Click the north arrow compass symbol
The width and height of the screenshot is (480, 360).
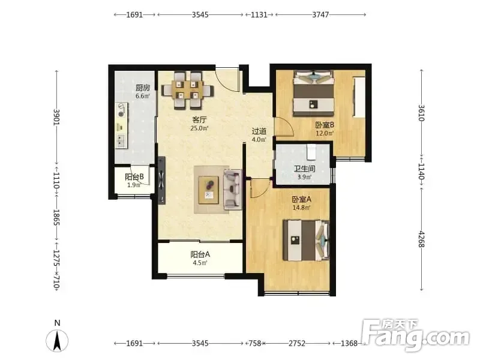click(57, 340)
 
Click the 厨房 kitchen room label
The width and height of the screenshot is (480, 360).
click(143, 88)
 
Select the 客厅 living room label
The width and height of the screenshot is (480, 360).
click(199, 119)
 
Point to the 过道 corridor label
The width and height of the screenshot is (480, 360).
click(259, 131)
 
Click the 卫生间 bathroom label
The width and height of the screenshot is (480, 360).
click(304, 169)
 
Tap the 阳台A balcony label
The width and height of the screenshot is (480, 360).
click(200, 254)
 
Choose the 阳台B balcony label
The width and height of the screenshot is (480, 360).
click(134, 177)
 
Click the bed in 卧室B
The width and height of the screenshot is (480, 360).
click(313, 94)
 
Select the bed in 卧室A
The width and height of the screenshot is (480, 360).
click(307, 241)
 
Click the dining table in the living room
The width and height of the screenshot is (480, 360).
click(187, 90)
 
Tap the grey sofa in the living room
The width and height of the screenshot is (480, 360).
click(233, 190)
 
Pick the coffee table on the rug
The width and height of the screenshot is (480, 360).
click(208, 190)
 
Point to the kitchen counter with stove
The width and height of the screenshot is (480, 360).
click(122, 125)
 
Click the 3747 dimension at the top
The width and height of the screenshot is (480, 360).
click(320, 14)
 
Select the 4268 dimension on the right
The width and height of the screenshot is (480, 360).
click(422, 239)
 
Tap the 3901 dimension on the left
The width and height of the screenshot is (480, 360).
click(57, 117)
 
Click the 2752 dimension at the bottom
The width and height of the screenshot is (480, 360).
click(297, 343)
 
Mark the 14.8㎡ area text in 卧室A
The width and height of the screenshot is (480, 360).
click(302, 208)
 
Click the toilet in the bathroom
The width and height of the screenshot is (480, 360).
click(311, 152)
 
